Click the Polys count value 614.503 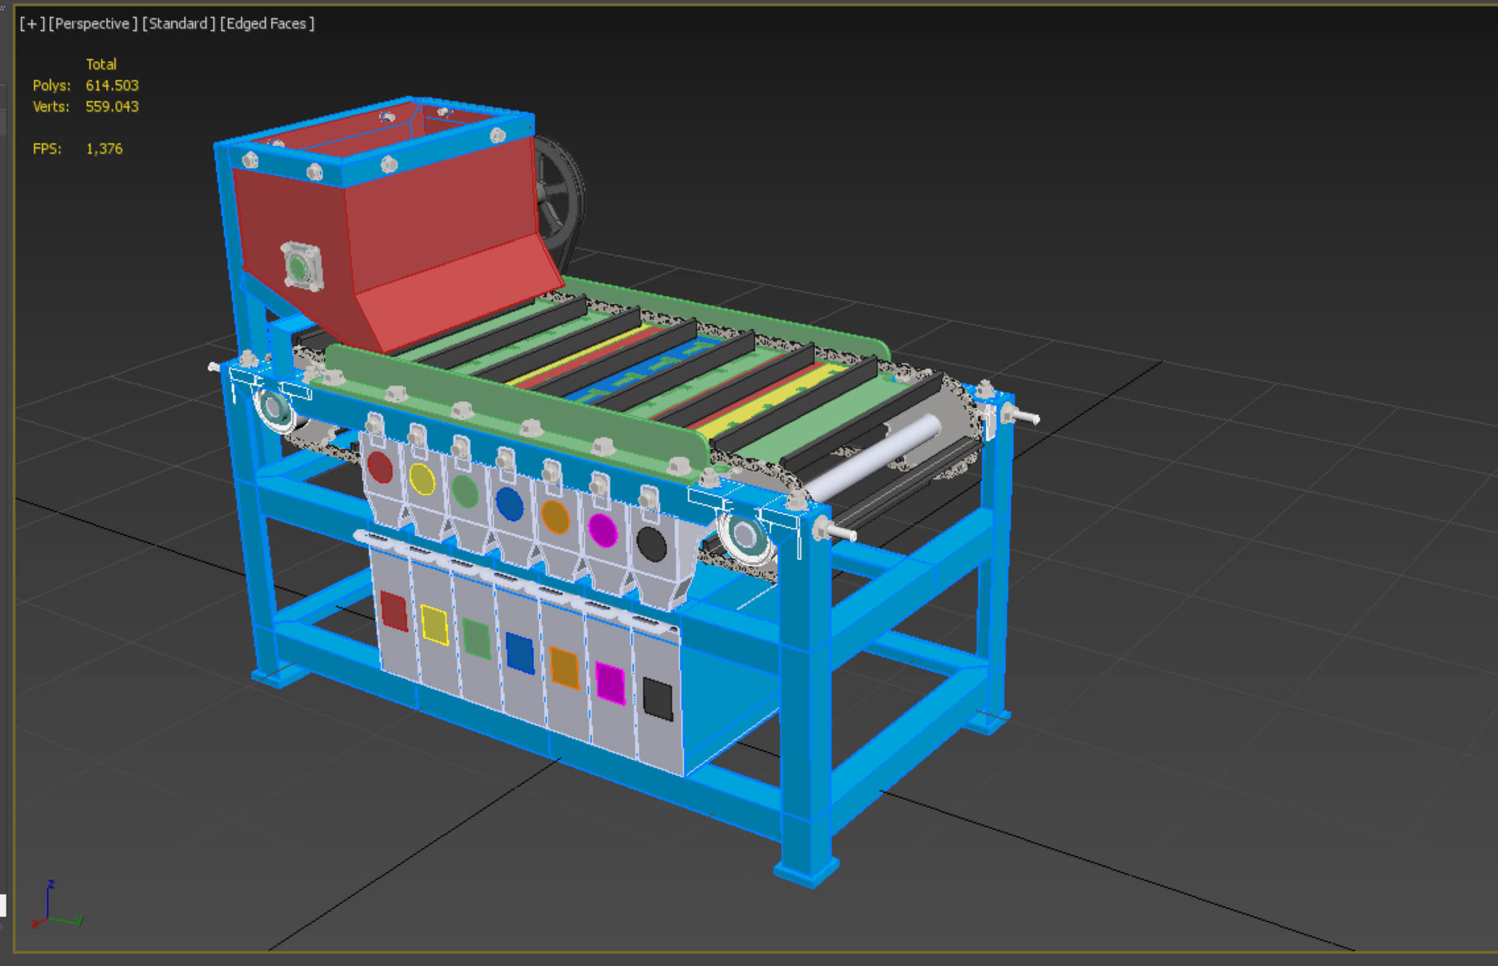click(x=111, y=85)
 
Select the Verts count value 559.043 click(x=111, y=107)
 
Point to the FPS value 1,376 click(x=104, y=149)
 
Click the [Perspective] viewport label click(x=92, y=24)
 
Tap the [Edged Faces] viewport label click(x=267, y=24)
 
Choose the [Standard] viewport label click(x=178, y=24)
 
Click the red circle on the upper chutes click(x=380, y=467)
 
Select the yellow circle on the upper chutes click(x=422, y=479)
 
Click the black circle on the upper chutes click(x=651, y=544)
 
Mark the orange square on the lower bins click(x=564, y=667)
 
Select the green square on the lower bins click(x=476, y=638)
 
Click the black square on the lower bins click(x=658, y=699)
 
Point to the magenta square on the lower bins click(x=610, y=683)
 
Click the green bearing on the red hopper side click(x=297, y=268)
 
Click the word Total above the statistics click(x=101, y=64)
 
